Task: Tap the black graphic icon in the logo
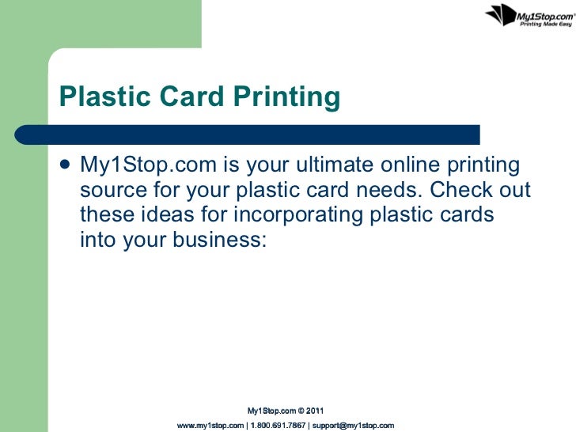pos(499,14)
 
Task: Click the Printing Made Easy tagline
pos(544,25)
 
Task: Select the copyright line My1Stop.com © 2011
pos(286,411)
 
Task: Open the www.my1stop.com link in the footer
pos(210,426)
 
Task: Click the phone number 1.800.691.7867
pos(278,426)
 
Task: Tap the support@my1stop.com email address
pos(353,426)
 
